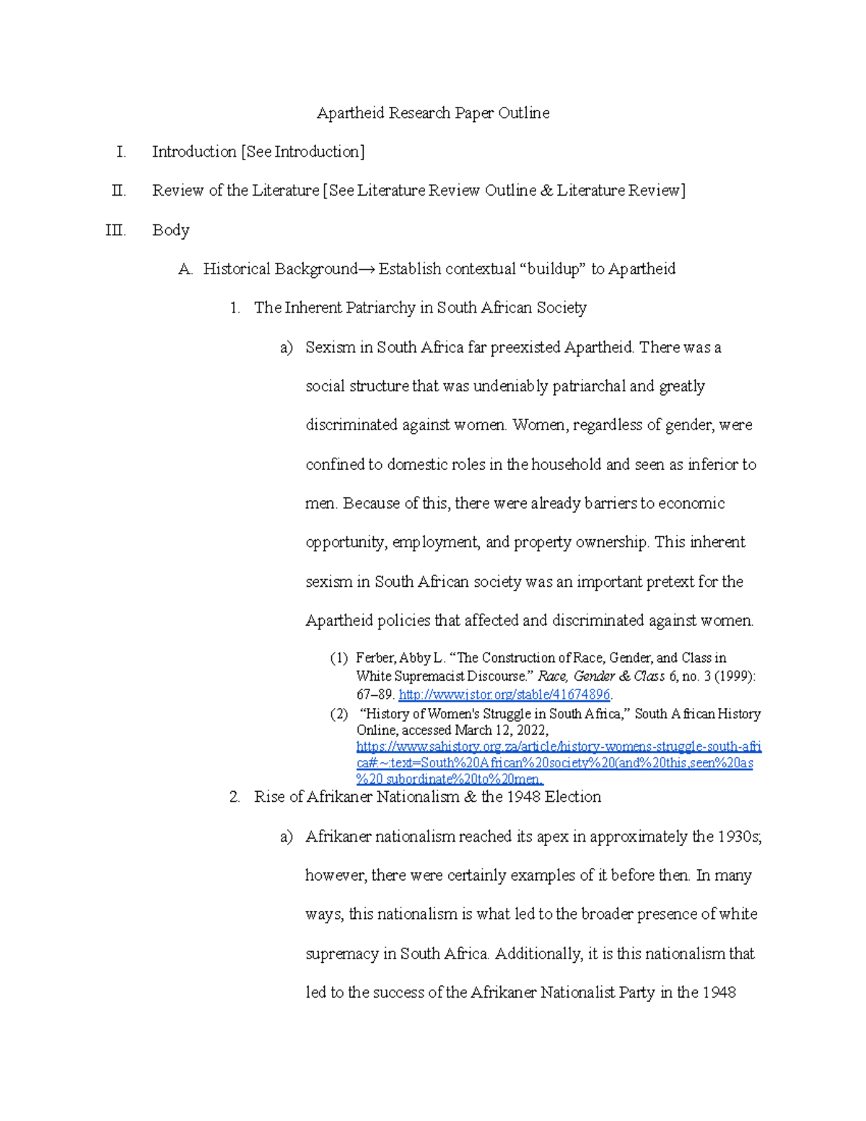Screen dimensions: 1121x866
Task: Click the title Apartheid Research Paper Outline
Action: pyautogui.click(x=433, y=113)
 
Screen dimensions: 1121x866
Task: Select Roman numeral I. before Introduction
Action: pyautogui.click(x=121, y=152)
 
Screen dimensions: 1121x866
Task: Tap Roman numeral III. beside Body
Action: pyautogui.click(x=115, y=230)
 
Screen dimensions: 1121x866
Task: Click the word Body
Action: pyautogui.click(x=170, y=230)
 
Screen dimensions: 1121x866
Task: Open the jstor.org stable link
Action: pyautogui.click(x=504, y=694)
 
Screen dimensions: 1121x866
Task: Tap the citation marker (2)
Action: pyautogui.click(x=339, y=714)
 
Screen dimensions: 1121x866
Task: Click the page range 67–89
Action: pyautogui.click(x=375, y=694)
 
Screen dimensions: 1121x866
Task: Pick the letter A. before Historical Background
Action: pyautogui.click(x=185, y=269)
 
